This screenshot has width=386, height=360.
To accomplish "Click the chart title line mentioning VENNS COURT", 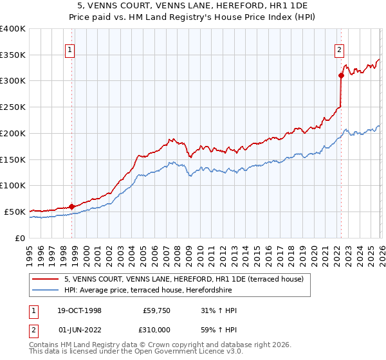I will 193,6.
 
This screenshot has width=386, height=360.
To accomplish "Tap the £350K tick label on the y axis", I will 13,55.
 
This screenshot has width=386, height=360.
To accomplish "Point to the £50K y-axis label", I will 15,212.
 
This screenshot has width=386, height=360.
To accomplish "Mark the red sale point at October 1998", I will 71,206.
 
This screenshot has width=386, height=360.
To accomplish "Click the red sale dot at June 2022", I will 341,75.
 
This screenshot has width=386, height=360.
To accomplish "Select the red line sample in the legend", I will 46,279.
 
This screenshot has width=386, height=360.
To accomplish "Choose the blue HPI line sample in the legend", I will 46,290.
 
